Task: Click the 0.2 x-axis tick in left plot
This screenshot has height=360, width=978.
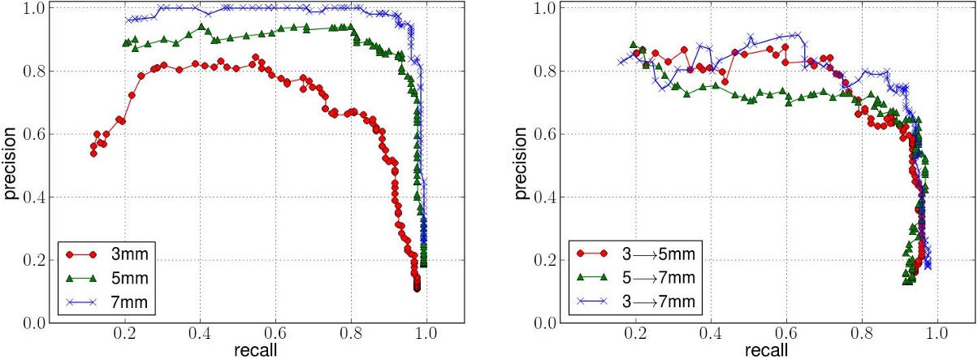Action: [x=125, y=333]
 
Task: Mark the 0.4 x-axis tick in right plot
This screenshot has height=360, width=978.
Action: [x=712, y=333]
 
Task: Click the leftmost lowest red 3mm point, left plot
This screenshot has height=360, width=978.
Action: [x=93, y=153]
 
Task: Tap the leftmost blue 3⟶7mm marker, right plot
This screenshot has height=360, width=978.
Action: [x=621, y=61]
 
